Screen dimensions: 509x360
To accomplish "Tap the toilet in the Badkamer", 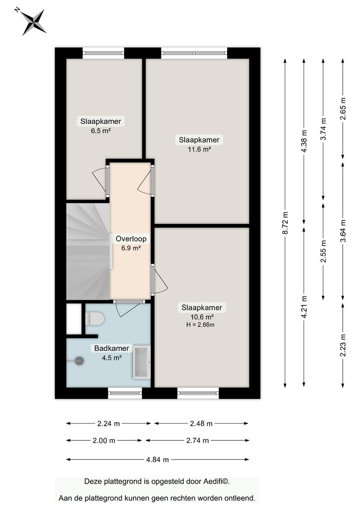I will [x=94, y=319].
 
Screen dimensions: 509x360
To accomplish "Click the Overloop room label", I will [x=131, y=239].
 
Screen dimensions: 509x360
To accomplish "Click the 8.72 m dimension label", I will [x=285, y=223].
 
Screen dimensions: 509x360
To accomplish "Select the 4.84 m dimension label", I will [x=157, y=460].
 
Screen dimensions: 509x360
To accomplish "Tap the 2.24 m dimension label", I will [x=108, y=423].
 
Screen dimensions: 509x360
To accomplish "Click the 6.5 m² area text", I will [x=100, y=130].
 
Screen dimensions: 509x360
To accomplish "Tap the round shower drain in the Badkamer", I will [x=79, y=360].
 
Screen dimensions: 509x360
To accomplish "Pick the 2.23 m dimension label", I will [x=343, y=346].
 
